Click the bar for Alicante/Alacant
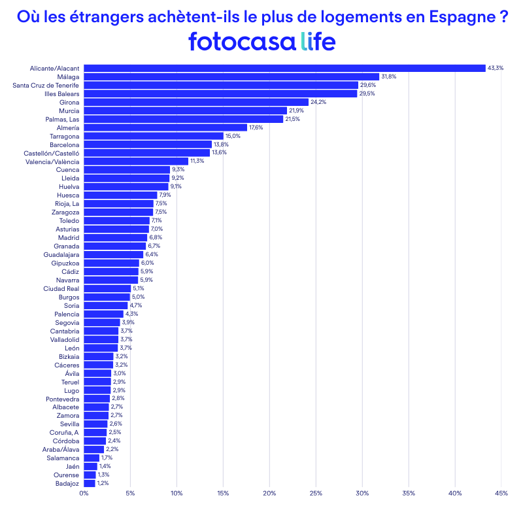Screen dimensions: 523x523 coord(284,68)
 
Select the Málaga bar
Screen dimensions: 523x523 coord(231,76)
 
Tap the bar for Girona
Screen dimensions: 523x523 coord(196,102)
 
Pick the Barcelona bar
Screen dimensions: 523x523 coord(148,144)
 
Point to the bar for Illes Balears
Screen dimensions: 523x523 coord(220,93)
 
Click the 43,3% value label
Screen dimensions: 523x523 coord(496,68)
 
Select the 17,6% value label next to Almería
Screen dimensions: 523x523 coord(256,127)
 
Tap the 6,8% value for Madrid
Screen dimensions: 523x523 coord(156,237)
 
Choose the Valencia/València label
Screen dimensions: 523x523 coord(52,161)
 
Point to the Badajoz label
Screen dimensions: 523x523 coord(67,483)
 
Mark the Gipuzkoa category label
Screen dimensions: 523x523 coord(65,263)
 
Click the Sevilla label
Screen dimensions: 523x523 coord(69,424)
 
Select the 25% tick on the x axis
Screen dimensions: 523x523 coord(315,493)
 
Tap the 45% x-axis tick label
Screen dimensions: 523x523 coord(501,493)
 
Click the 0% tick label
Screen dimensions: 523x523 coord(84,493)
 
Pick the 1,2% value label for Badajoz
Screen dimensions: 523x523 coord(103,483)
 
